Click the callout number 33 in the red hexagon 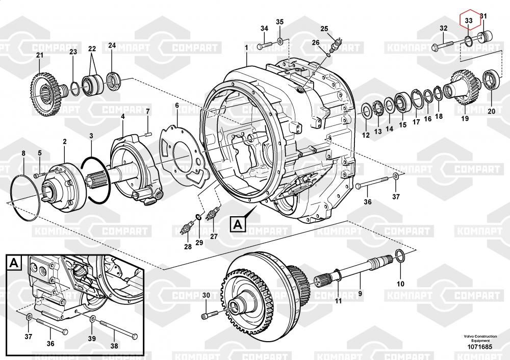(x=469, y=21)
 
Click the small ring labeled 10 (x=400, y=256)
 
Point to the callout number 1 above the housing (x=246, y=47)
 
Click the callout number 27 (x=213, y=236)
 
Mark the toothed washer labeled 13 (x=378, y=109)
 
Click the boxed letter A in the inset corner (x=14, y=263)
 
